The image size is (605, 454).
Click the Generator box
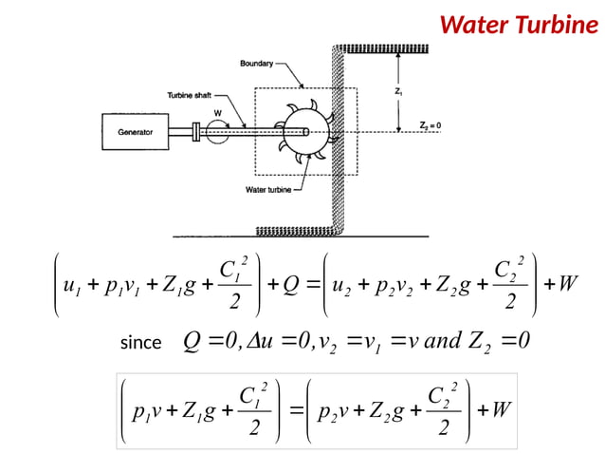point(136,132)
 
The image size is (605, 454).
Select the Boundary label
point(256,63)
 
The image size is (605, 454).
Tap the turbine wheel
point(302,132)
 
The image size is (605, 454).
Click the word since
point(140,343)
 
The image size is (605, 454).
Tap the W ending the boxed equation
point(503,410)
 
